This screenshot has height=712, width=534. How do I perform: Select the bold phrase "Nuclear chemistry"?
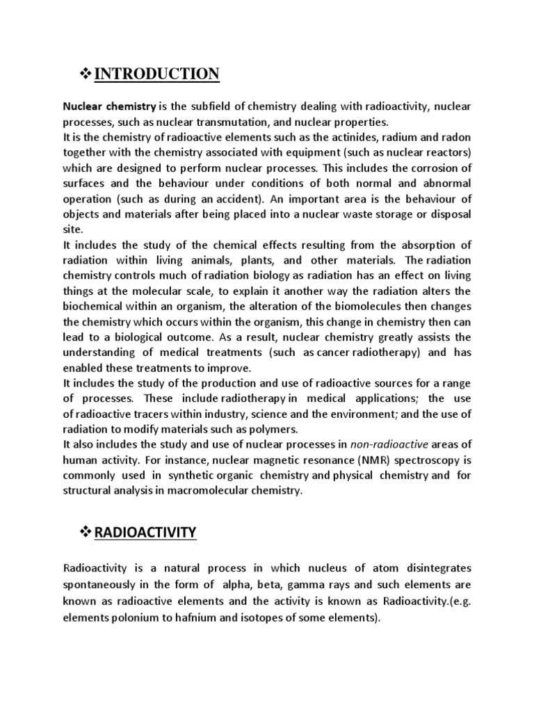[x=110, y=106]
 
